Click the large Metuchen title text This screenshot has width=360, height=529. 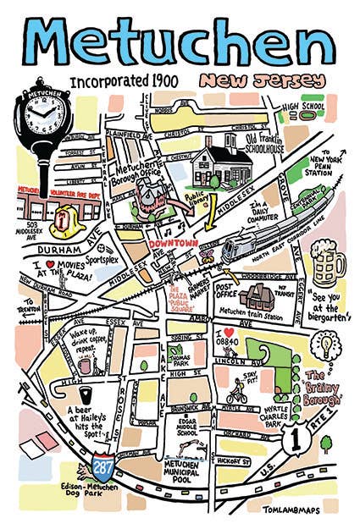pyautogui.click(x=180, y=42)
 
